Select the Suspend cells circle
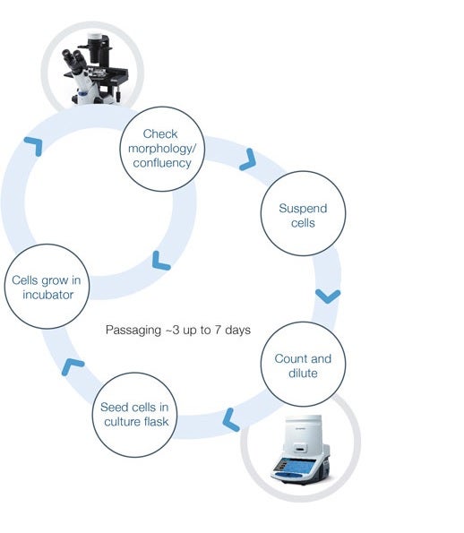(296, 216)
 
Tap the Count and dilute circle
(302, 365)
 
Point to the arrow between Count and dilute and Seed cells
(231, 417)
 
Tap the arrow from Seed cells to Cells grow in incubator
(73, 365)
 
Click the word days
(236, 331)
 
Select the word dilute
(303, 373)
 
